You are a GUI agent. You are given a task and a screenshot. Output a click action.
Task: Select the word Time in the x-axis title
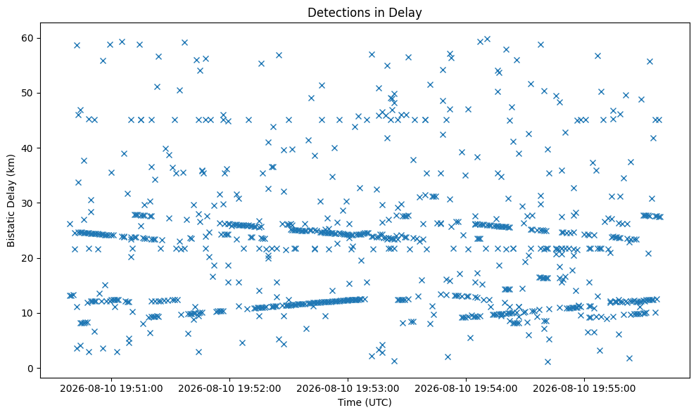(x=349, y=402)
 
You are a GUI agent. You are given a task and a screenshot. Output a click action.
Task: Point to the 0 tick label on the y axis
(x=31, y=369)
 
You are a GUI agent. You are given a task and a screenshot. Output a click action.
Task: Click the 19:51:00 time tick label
(x=111, y=389)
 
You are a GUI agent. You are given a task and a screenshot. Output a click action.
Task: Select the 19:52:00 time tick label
(x=229, y=389)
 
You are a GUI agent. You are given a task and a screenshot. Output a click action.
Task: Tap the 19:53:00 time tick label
(x=348, y=389)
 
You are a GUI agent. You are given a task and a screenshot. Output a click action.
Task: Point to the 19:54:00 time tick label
(x=466, y=389)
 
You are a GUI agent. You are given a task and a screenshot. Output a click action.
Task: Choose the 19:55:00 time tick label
(x=584, y=389)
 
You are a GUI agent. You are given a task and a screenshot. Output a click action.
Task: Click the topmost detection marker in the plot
(x=487, y=39)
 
